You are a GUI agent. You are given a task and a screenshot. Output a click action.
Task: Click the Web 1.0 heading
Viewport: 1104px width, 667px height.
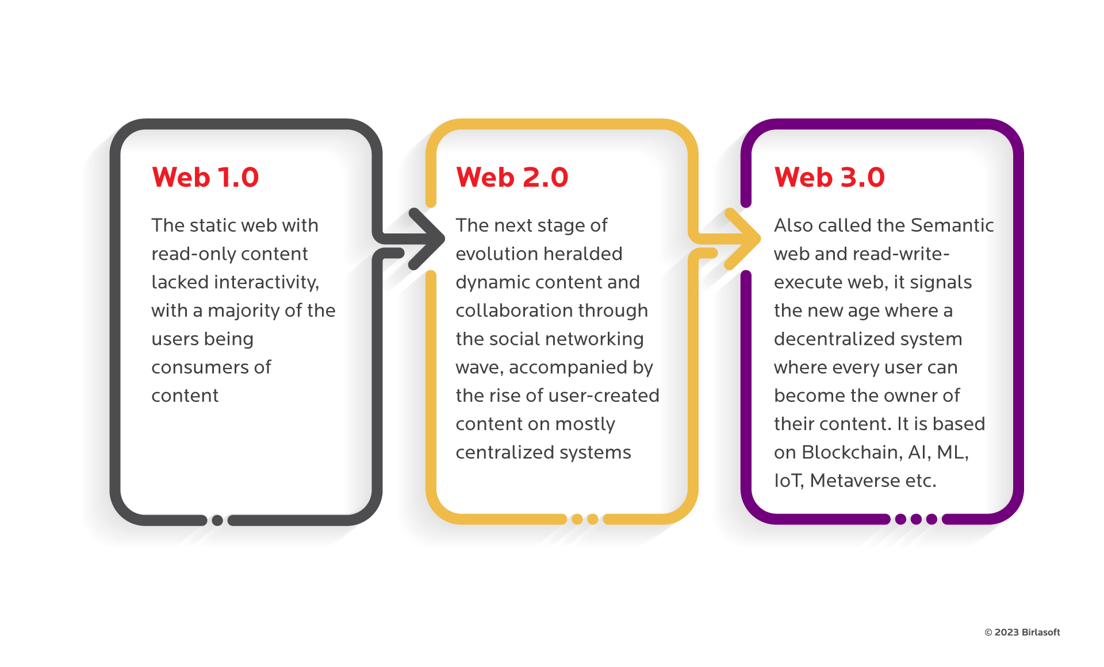coord(205,177)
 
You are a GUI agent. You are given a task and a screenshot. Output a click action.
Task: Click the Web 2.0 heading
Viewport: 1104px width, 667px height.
coord(512,177)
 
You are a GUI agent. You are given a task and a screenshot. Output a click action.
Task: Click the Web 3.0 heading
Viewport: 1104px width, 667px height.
coord(829,177)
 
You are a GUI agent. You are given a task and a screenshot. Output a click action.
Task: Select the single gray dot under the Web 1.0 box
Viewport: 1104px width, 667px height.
coord(217,520)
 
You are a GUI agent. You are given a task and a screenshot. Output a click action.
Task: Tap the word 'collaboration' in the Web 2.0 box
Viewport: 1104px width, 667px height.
coord(514,310)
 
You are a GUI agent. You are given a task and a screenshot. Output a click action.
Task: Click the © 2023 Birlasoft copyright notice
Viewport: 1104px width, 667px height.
coord(1022,632)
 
